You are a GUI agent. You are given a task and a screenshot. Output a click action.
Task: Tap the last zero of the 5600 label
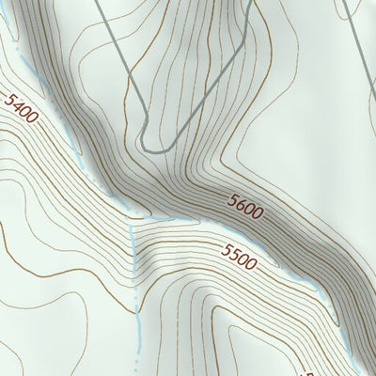[257, 213]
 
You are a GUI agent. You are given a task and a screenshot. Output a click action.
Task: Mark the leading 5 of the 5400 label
[8, 98]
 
